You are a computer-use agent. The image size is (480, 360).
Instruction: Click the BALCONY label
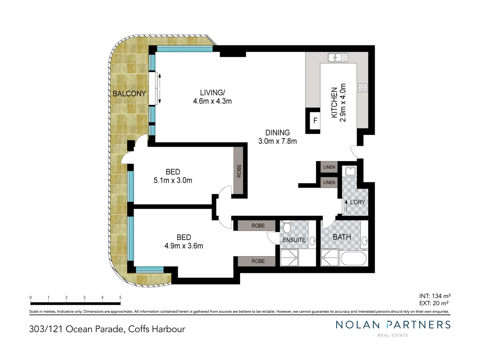click(129, 94)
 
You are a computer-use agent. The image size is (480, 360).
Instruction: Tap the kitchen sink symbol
click(338, 58)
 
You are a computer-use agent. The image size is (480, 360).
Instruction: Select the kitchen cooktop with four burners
click(363, 88)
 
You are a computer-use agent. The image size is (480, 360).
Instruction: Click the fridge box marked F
click(315, 121)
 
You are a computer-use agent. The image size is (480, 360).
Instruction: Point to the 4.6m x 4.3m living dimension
click(212, 101)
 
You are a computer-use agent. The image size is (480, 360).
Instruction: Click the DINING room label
click(277, 133)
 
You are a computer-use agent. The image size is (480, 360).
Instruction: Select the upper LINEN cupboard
click(329, 167)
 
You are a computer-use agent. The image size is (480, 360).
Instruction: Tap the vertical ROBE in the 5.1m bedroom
click(239, 171)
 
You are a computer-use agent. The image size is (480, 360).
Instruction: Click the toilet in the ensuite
click(287, 227)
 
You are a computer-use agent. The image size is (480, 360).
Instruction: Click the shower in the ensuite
click(289, 258)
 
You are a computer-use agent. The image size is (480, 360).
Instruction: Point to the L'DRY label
click(357, 202)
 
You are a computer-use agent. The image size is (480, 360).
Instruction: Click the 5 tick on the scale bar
click(120, 298)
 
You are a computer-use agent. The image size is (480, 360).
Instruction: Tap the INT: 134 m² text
click(435, 296)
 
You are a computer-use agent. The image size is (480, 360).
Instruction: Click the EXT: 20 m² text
click(434, 303)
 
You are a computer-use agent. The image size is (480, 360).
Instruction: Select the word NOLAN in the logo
click(357, 325)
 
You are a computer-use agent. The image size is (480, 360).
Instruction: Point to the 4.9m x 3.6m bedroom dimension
click(184, 246)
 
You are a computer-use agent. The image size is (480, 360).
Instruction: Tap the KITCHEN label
click(334, 103)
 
